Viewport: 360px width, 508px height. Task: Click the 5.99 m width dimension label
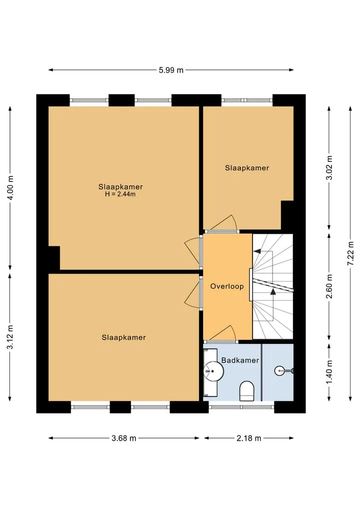click(171, 70)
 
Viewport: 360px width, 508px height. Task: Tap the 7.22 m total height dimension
click(350, 254)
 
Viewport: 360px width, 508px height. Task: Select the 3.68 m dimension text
click(124, 439)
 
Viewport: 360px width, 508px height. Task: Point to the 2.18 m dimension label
click(249, 439)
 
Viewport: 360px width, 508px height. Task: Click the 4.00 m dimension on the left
click(10, 188)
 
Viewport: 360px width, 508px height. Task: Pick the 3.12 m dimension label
click(10, 337)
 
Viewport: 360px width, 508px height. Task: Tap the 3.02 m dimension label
click(329, 167)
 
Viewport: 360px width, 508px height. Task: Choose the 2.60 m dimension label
click(329, 286)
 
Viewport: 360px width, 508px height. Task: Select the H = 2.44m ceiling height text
click(120, 194)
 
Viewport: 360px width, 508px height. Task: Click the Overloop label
click(227, 286)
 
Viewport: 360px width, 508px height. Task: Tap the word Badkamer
click(240, 360)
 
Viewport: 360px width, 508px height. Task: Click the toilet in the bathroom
click(247, 391)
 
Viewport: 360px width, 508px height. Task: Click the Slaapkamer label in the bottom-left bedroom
click(123, 338)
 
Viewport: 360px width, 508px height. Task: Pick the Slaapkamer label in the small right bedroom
click(247, 168)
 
